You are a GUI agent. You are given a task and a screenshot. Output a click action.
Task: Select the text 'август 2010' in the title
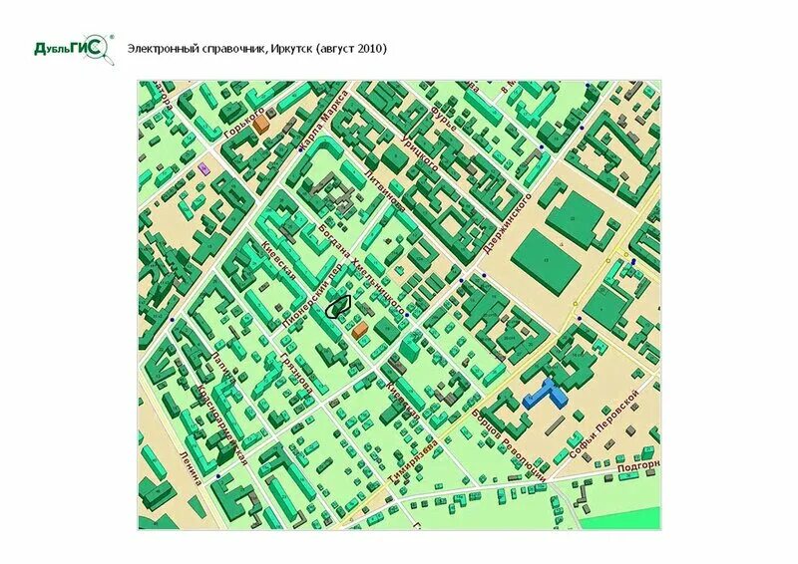point(351,48)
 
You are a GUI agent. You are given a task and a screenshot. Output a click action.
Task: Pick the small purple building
point(204,168)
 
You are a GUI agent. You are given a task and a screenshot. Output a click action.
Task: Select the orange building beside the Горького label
point(260,125)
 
